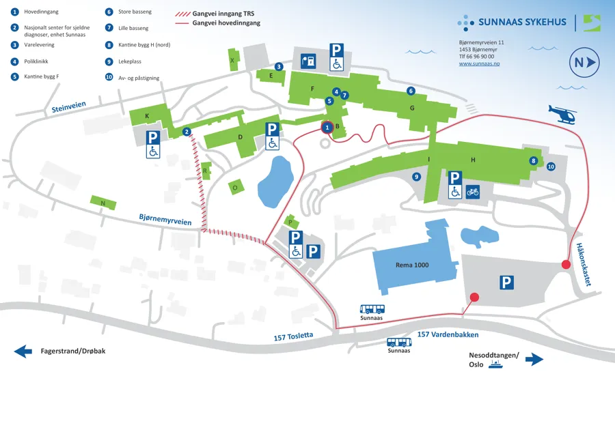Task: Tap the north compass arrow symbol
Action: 584,62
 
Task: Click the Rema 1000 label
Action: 412,265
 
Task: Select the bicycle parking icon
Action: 473,192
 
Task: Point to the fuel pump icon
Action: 308,61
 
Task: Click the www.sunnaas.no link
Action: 479,63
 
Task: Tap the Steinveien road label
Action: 68,106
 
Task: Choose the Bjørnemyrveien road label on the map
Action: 165,220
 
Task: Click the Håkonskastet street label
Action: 584,264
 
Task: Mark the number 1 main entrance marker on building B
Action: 327,128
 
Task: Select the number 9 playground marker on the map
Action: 416,177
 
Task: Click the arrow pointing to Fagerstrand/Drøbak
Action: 23,351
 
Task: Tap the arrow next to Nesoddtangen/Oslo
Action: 534,359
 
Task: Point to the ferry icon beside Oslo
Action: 496,364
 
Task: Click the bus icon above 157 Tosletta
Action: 372,309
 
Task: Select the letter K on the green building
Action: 147,116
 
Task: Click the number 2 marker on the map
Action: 187,132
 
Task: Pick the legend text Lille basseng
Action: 133,28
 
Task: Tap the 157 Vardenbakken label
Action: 448,334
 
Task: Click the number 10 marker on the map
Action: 551,167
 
